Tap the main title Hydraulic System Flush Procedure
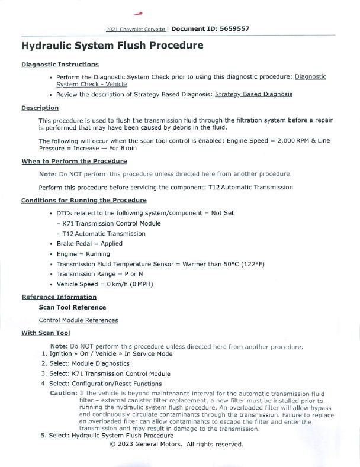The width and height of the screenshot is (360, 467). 112,46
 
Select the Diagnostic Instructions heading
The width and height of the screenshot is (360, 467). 60,65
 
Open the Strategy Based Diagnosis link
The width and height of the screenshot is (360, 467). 253,94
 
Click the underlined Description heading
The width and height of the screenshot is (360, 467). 40,108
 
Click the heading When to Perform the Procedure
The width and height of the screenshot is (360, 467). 74,161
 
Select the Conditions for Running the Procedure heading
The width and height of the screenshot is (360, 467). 83,200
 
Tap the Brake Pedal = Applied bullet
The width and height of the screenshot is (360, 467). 89,243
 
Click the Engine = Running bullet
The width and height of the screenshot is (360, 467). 83,254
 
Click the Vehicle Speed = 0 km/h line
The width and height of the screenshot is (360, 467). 105,284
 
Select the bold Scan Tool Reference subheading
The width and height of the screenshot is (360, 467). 72,307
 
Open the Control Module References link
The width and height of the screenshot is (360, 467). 78,320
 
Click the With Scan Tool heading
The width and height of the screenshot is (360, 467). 46,333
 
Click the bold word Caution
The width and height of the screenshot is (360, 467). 63,393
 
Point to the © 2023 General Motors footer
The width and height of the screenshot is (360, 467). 176,444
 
